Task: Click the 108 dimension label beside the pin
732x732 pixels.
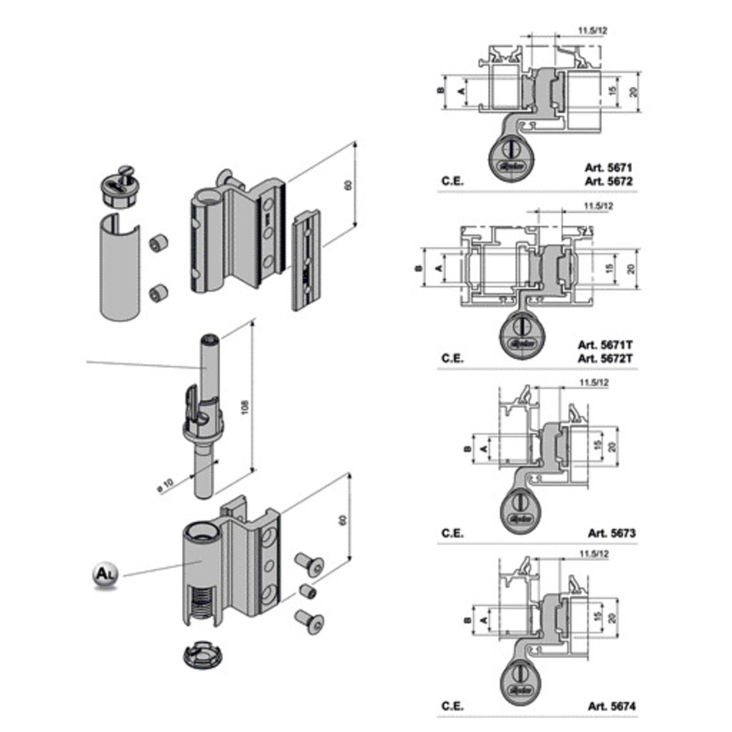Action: tap(245, 407)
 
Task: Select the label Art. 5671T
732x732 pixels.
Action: tap(605, 345)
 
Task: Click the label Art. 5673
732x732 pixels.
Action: tap(611, 533)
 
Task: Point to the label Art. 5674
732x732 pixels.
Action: tap(611, 706)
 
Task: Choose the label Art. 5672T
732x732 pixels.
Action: tap(605, 359)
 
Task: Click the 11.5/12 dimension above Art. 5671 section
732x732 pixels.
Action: tap(593, 31)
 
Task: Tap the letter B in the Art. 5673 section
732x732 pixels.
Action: tap(467, 448)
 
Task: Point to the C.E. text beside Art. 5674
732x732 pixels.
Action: tap(452, 706)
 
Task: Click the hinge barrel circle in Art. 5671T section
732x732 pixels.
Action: tap(523, 337)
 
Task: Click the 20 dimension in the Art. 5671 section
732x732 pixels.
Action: tap(633, 91)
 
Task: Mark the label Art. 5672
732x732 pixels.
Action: tap(608, 182)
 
